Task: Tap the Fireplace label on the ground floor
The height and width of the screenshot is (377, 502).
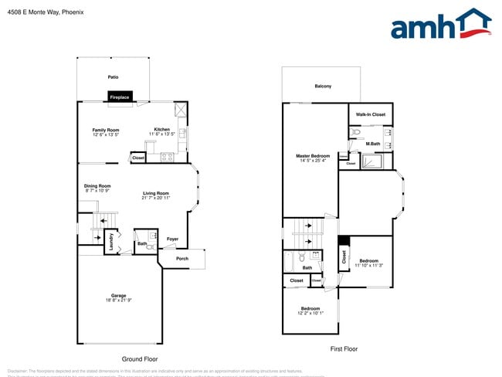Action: point(119,97)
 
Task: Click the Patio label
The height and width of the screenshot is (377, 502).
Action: point(113,77)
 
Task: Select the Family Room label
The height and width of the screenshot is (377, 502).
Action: point(106,130)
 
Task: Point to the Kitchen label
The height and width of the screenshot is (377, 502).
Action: point(161,129)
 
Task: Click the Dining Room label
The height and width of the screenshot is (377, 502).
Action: point(97,185)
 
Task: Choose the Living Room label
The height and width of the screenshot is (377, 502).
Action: point(155,193)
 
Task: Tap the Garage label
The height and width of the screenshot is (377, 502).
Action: point(118,295)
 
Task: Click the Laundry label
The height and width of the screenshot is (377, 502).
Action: point(111,240)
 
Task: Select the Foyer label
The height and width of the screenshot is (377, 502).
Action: point(172,239)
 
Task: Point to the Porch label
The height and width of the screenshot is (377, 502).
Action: point(182,258)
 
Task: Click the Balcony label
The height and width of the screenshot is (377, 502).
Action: point(323,86)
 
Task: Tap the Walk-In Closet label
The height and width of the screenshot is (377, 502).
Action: point(370,114)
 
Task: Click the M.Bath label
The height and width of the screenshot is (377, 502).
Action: point(373,144)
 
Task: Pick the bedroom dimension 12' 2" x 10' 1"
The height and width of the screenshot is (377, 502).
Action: point(310,313)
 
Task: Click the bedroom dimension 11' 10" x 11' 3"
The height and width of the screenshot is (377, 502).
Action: point(369,265)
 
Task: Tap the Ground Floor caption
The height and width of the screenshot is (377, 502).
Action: point(140,359)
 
